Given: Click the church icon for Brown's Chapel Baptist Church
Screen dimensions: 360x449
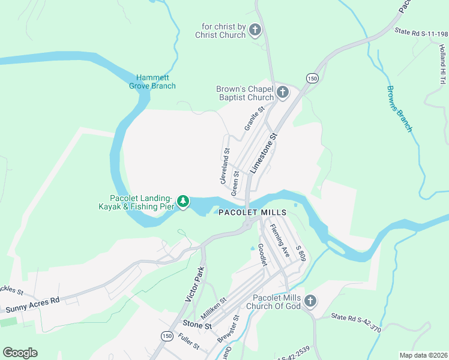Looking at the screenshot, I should pyautogui.click(x=283, y=93).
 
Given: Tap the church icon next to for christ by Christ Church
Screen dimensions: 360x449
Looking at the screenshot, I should pyautogui.click(x=255, y=30).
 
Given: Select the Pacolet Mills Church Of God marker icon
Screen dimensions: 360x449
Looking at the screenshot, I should pyautogui.click(x=310, y=301).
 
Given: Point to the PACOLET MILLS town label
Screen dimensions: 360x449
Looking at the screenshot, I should pyautogui.click(x=252, y=213).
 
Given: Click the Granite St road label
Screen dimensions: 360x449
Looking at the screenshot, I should pyautogui.click(x=255, y=119).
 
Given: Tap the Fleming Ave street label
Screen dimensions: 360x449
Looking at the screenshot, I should pyautogui.click(x=280, y=241).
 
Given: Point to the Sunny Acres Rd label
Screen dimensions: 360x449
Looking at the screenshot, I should pyautogui.click(x=33, y=305).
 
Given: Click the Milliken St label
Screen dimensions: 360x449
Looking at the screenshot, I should pyautogui.click(x=214, y=309).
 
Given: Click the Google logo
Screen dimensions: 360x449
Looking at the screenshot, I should pyautogui.click(x=20, y=353).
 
